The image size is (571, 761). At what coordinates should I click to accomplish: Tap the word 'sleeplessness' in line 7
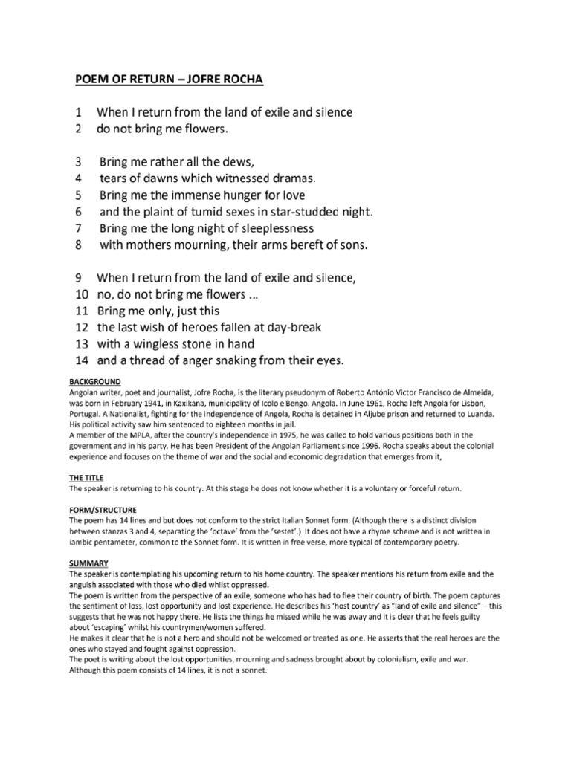(x=268, y=227)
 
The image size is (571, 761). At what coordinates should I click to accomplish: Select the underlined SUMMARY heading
(x=86, y=563)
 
